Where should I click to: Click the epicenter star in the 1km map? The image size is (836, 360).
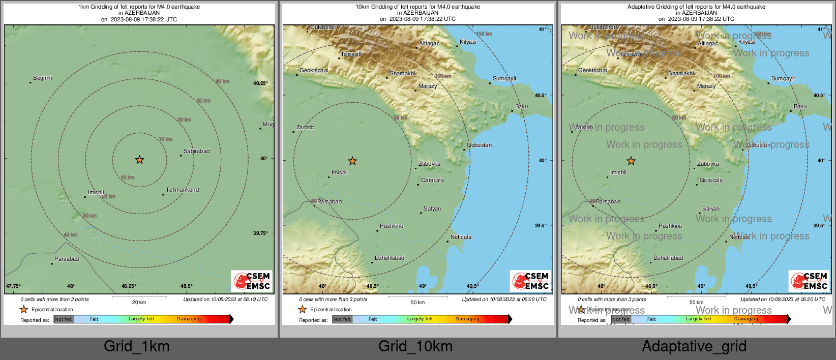[x=139, y=160]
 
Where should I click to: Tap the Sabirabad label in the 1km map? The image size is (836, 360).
[x=196, y=151]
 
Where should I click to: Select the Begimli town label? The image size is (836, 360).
[x=43, y=78]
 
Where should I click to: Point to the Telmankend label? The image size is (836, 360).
[x=182, y=190]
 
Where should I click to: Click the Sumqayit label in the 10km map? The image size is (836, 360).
[x=504, y=78]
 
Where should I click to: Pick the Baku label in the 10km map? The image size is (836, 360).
[x=521, y=106]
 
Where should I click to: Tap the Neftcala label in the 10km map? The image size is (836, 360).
[x=461, y=237]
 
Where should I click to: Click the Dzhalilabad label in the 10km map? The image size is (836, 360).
[x=390, y=258]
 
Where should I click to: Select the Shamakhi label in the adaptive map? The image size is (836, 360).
[x=681, y=73]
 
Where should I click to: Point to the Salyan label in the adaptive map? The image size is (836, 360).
[x=711, y=208]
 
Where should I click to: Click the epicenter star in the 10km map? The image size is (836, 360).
[x=352, y=161]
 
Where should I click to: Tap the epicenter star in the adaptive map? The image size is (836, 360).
[x=631, y=161]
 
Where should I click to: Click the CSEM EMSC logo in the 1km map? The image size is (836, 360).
[x=252, y=281]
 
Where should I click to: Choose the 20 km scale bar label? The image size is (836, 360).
[x=139, y=302]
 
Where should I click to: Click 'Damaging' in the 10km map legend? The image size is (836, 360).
[x=467, y=319]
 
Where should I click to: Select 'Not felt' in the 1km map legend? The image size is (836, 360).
[x=64, y=319]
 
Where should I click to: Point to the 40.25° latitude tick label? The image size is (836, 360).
[x=260, y=83]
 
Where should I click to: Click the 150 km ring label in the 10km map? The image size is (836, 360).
[x=484, y=34]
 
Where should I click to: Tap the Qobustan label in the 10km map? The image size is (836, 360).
[x=479, y=145]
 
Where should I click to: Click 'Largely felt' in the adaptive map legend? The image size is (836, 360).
[x=699, y=319]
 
